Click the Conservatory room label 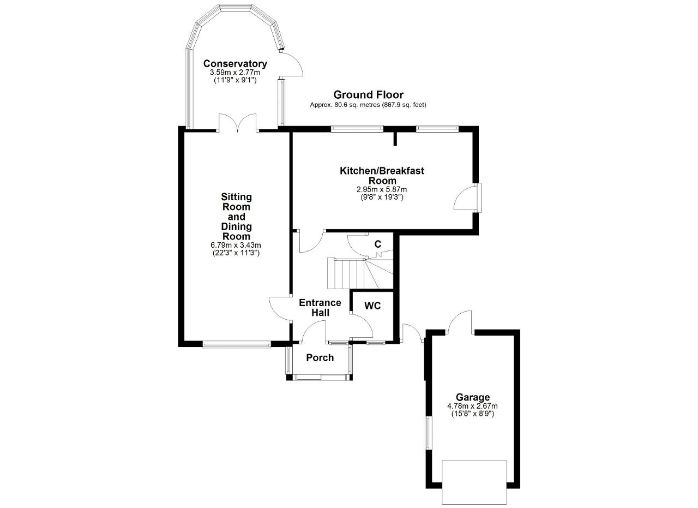pos(235,64)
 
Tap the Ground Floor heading pos(368,94)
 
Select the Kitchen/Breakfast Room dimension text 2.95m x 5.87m pos(382,189)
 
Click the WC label pos(372,306)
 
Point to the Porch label pos(320,358)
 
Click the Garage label pos(473,397)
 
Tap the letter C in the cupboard pos(378,244)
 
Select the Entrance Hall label pos(320,308)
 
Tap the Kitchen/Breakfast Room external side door pos(467,198)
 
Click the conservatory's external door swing pos(291,64)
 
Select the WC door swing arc pos(362,326)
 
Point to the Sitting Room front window pos(237,345)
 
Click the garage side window pos(428,433)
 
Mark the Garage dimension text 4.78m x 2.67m pos(472,406)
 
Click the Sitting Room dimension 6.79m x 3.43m pos(236,246)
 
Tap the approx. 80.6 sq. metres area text pos(368,105)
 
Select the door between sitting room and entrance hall pos(280,308)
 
